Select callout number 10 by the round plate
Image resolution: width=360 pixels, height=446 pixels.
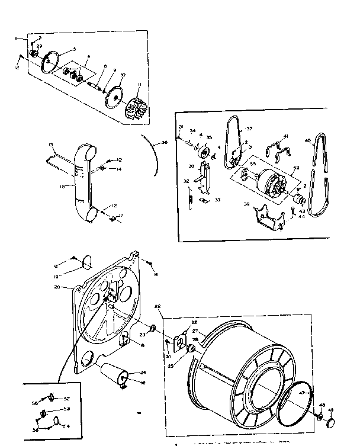(123, 75)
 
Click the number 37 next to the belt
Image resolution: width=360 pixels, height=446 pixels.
(249, 127)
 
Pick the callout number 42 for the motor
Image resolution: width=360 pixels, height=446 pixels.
(297, 168)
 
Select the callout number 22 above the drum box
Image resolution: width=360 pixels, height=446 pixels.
(157, 306)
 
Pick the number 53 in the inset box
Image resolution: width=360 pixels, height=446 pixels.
(67, 408)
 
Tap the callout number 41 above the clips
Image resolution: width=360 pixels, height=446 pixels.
(285, 136)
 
